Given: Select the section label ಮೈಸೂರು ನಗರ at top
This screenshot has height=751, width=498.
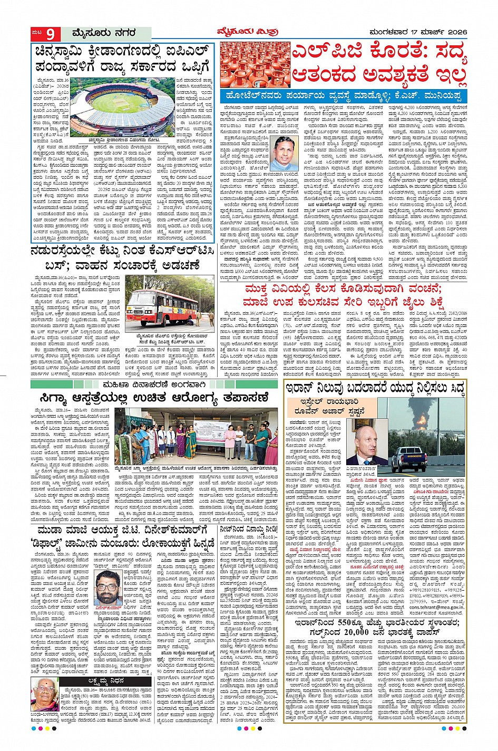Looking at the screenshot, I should tap(104, 33).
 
